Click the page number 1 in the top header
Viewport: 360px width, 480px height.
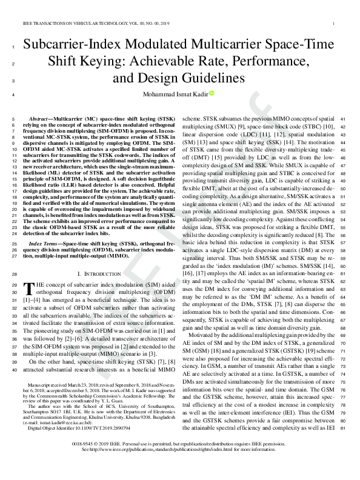(334, 24)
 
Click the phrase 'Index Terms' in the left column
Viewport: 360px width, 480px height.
(46, 243)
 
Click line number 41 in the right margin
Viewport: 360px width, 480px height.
(343, 119)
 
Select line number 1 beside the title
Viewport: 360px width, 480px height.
(13, 47)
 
